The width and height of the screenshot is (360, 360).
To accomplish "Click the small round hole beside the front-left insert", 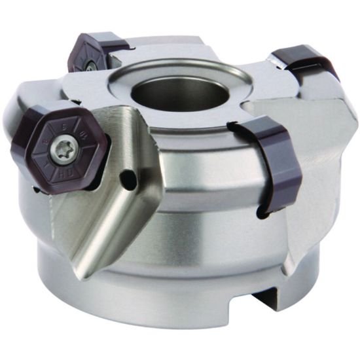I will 129,176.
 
